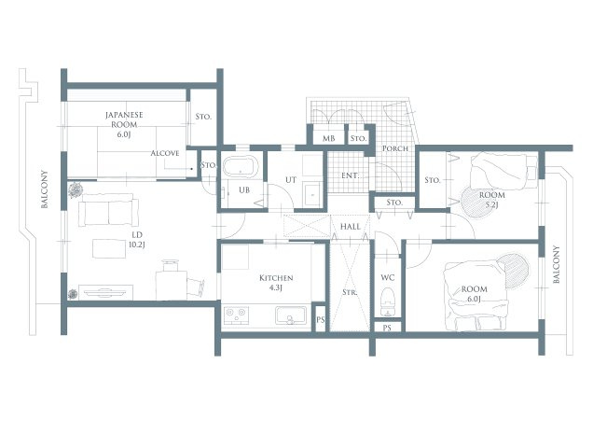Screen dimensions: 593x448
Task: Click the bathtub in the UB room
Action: (x=241, y=166)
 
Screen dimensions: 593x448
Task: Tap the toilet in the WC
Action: (x=387, y=301)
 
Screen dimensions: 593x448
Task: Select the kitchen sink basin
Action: (x=291, y=315)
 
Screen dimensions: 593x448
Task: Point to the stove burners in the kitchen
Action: (x=236, y=315)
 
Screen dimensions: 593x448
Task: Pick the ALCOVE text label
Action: (x=165, y=153)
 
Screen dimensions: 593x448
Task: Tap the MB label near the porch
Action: (x=328, y=139)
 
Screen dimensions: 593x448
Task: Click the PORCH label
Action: (x=394, y=148)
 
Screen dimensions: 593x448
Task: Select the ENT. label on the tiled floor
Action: (x=350, y=175)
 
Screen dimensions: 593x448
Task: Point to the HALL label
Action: (x=351, y=227)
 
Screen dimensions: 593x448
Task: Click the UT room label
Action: (x=291, y=180)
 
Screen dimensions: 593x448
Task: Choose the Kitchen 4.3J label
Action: (x=276, y=283)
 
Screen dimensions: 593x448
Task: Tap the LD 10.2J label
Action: (x=136, y=240)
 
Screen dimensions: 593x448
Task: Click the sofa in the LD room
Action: (x=108, y=210)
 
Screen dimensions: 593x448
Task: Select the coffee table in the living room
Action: (x=109, y=248)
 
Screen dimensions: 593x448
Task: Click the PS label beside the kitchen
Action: (x=321, y=319)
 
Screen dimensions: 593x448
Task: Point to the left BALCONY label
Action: (x=45, y=189)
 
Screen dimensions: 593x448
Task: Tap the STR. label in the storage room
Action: (x=350, y=292)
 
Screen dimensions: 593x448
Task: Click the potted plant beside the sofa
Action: (x=76, y=189)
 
